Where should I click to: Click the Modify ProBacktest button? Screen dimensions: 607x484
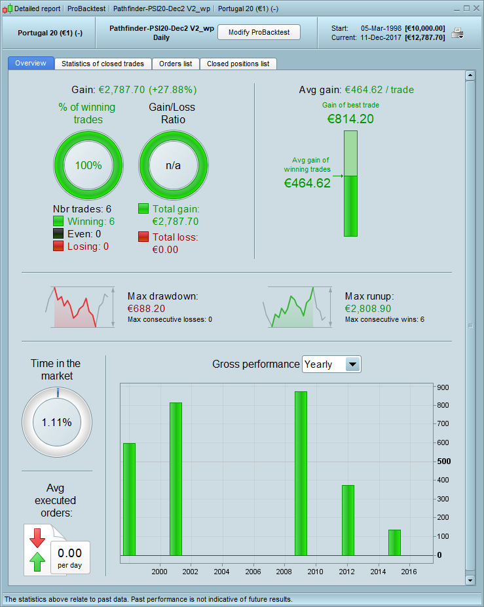pyautogui.click(x=259, y=33)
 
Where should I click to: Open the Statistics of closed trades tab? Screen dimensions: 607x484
pyautogui.click(x=103, y=64)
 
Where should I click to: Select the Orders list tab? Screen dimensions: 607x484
pyautogui.click(x=176, y=64)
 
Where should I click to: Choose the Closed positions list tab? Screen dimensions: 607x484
pyautogui.click(x=238, y=64)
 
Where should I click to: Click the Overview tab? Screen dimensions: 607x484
pyautogui.click(x=31, y=64)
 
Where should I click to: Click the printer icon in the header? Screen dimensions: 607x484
pyautogui.click(x=457, y=33)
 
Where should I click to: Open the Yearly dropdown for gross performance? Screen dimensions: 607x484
pyautogui.click(x=352, y=364)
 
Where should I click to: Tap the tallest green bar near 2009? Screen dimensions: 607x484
pyautogui.click(x=301, y=473)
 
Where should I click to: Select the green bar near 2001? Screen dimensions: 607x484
pyautogui.click(x=176, y=479)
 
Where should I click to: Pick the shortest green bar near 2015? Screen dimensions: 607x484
pyautogui.click(x=394, y=542)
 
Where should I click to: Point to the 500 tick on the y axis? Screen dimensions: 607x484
pyautogui.click(x=444, y=461)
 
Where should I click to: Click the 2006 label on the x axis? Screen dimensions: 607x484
pyautogui.click(x=253, y=572)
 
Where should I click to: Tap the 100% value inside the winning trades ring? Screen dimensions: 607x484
pyautogui.click(x=88, y=165)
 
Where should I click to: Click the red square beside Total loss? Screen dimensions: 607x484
pyautogui.click(x=143, y=237)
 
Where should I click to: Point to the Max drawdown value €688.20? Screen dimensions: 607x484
pyautogui.click(x=147, y=308)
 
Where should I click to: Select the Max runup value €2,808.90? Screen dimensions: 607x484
pyautogui.click(x=368, y=308)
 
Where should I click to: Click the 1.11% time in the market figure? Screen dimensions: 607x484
pyautogui.click(x=57, y=422)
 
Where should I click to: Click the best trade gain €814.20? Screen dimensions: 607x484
pyautogui.click(x=350, y=119)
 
